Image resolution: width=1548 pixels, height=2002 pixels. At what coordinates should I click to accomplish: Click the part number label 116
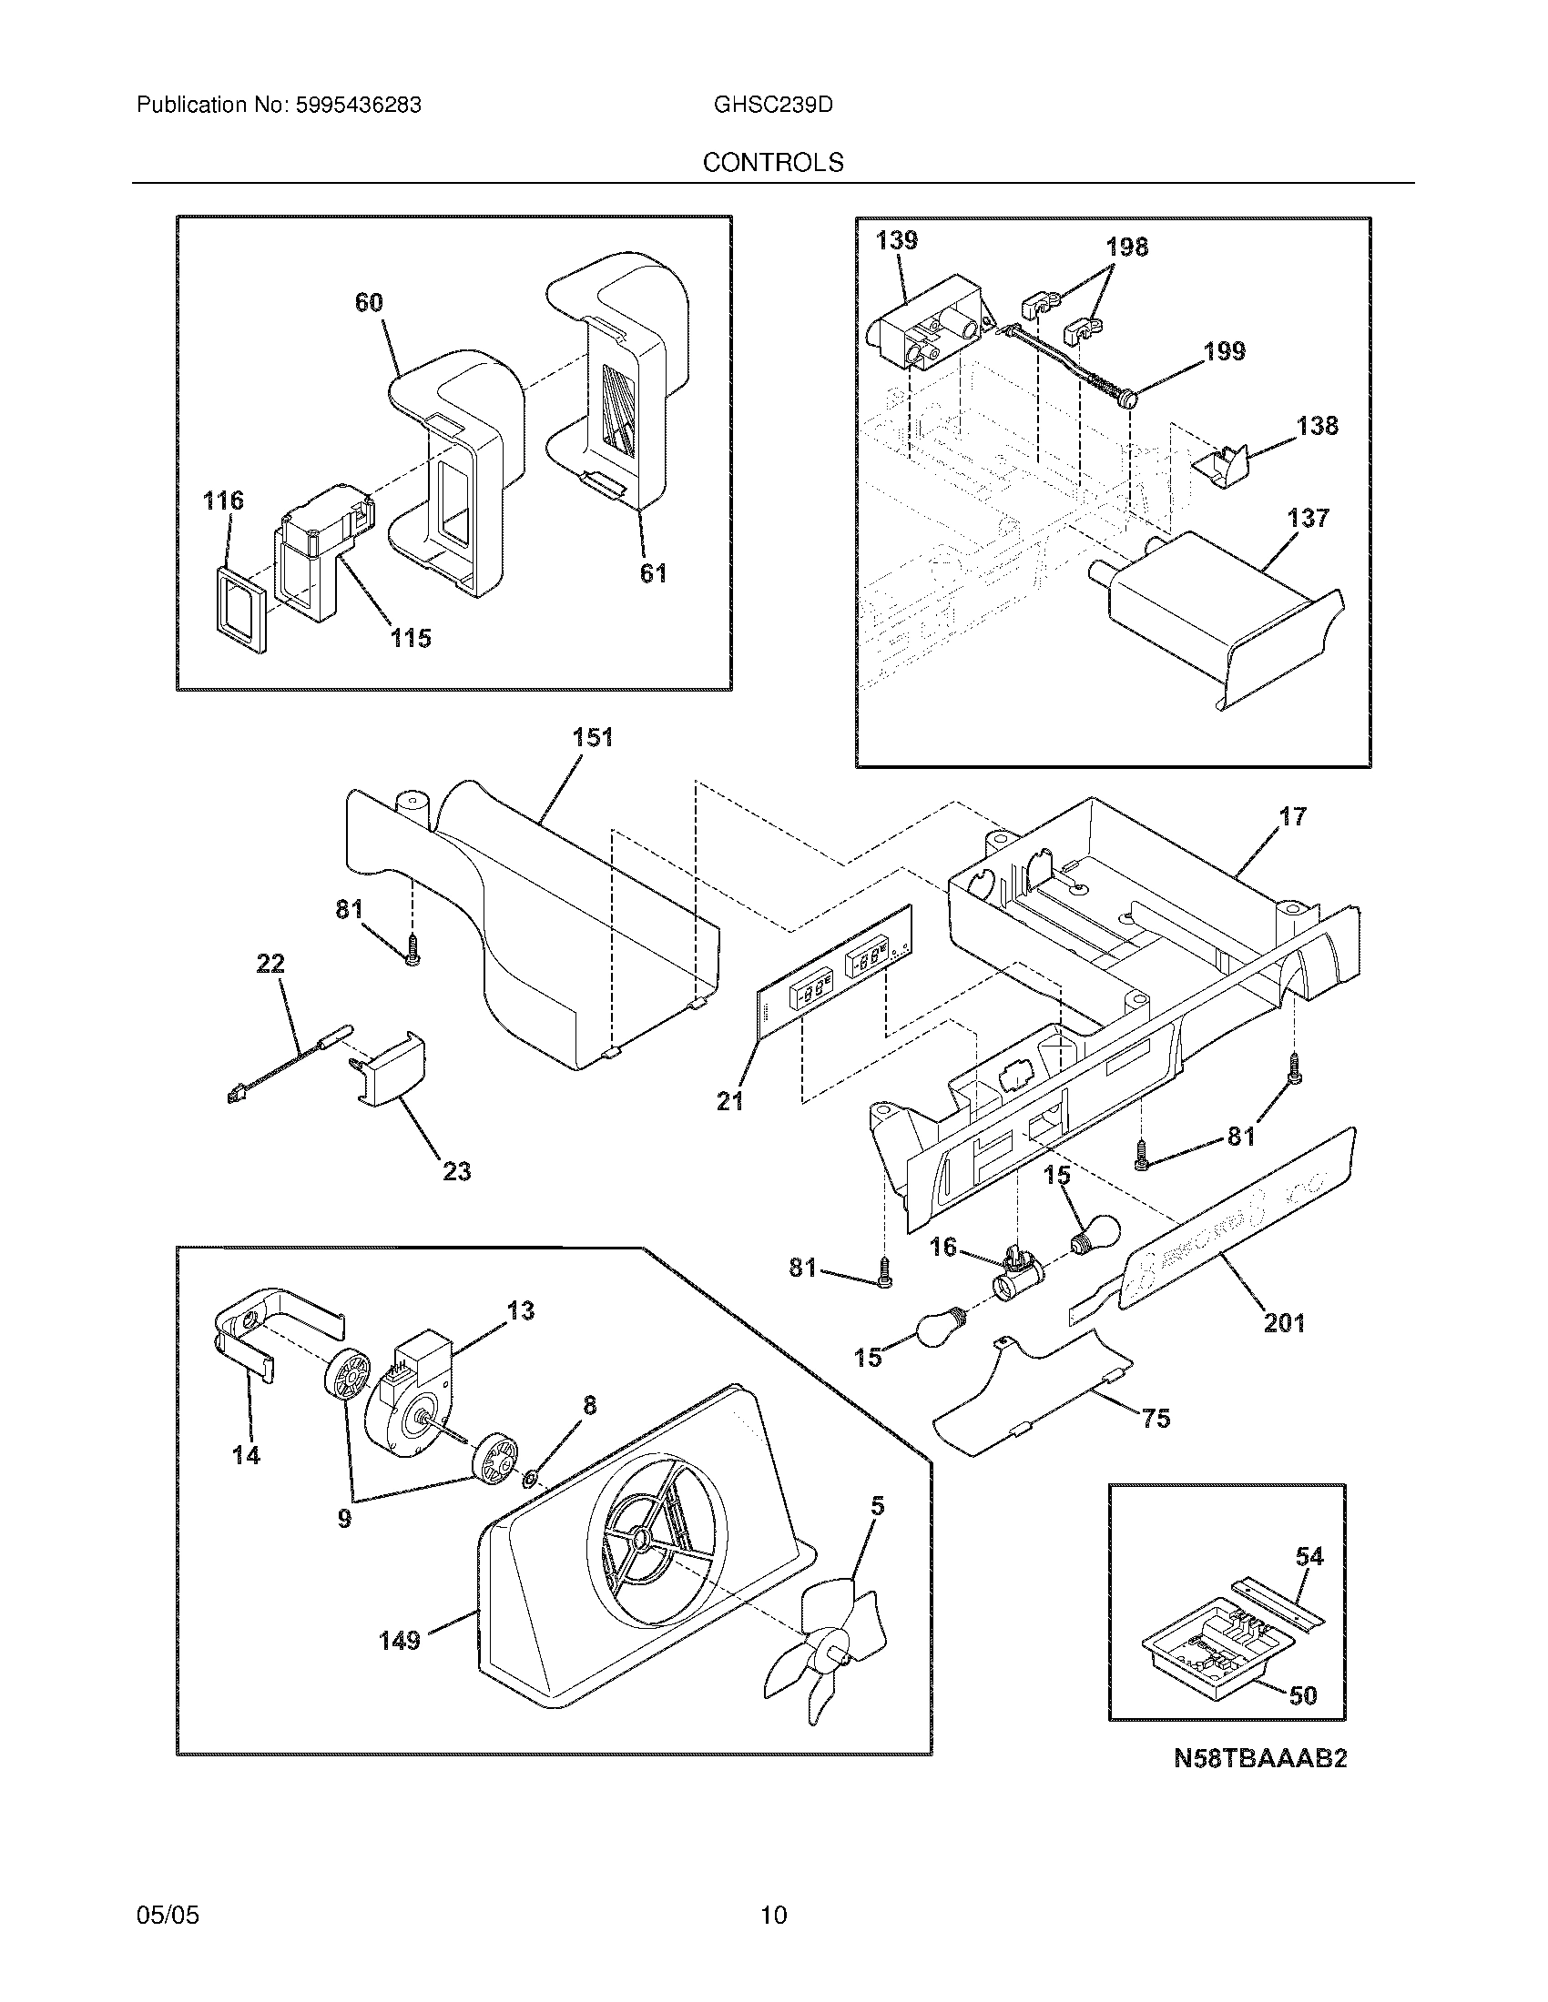click(223, 500)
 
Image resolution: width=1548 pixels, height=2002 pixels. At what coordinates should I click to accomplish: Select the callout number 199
click(1224, 351)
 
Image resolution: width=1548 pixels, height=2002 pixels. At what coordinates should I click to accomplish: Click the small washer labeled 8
click(530, 1478)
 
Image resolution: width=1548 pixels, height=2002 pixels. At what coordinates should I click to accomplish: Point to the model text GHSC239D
click(773, 106)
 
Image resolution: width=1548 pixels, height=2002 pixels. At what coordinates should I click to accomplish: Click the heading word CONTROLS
click(772, 163)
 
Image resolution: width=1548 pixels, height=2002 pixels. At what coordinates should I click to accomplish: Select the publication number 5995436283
click(358, 106)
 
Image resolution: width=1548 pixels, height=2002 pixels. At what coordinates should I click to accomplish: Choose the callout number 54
click(1309, 1555)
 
